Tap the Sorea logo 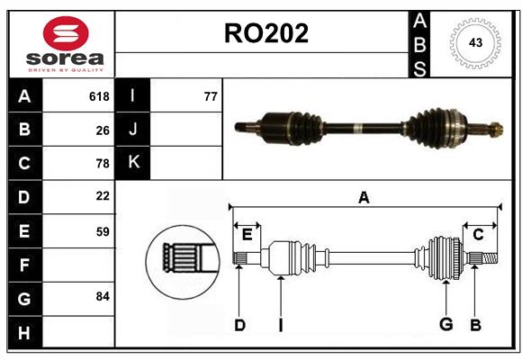coord(66,44)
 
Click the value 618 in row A coord(99,96)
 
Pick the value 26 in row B coord(103,130)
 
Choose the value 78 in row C coord(103,164)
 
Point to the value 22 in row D coord(103,196)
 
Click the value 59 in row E coord(103,230)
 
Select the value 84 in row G coord(103,296)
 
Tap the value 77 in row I coord(211,96)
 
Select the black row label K coord(133,163)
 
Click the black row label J coord(133,130)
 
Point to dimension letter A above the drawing coord(364,197)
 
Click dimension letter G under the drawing coord(445,325)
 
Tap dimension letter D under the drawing coord(239,325)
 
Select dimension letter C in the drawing coord(478,235)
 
